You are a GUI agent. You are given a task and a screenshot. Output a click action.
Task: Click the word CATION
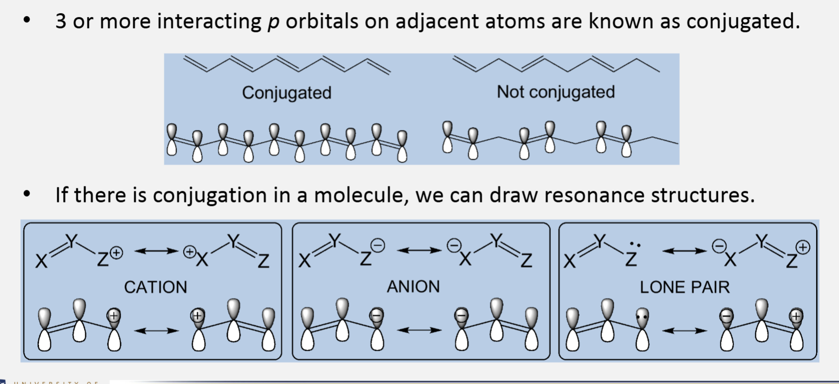[155, 287]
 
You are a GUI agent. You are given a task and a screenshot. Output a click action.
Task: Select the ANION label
[413, 287]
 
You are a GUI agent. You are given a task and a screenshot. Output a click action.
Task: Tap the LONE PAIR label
[685, 287]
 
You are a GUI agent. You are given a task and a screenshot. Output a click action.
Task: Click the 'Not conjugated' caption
[556, 92]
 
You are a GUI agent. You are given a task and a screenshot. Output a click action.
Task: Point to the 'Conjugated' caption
[287, 92]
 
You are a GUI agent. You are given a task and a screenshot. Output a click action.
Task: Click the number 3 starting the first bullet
[61, 21]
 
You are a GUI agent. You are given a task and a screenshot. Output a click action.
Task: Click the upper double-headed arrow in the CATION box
[156, 251]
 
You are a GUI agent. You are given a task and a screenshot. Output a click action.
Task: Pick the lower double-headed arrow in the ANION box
[419, 330]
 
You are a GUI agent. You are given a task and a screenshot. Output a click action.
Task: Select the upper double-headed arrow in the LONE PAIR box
[684, 251]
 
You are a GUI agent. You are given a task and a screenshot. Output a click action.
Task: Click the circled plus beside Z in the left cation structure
[116, 253]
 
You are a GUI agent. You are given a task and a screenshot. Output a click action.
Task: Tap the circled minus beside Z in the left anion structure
[378, 245]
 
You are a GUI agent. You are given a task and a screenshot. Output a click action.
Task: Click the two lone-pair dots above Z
[634, 244]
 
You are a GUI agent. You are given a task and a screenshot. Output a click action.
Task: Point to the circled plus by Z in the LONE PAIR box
[803, 247]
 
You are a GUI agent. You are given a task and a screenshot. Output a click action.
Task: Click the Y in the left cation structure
[72, 241]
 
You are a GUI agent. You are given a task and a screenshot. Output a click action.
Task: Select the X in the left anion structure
[304, 261]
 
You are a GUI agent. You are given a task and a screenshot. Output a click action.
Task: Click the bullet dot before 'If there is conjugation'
[27, 195]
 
